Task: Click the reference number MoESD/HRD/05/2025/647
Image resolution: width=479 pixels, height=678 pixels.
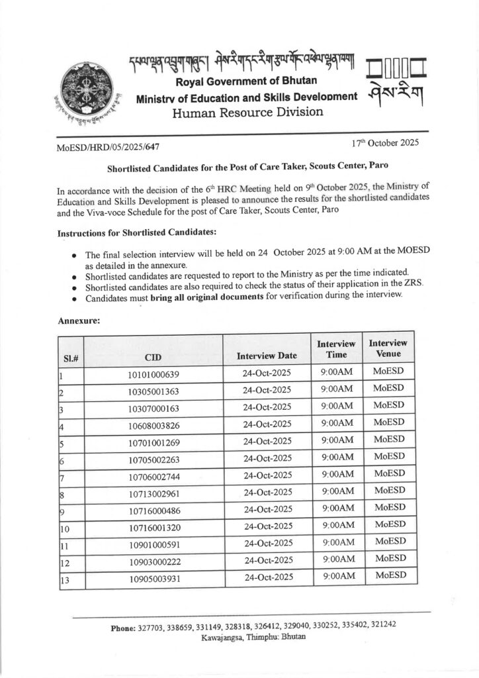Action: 108,146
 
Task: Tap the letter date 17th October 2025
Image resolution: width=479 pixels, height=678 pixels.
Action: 382,142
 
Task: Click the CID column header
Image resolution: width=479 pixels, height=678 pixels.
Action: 153,357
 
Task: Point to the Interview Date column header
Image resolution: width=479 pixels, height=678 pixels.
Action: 267,356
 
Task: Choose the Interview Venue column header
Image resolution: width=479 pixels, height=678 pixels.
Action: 388,349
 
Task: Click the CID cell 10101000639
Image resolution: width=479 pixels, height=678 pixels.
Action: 153,375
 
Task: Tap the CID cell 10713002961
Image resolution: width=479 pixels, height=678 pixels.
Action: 153,494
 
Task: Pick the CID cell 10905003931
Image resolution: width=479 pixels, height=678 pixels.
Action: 153,578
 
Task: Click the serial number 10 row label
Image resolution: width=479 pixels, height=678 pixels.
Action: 65,528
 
